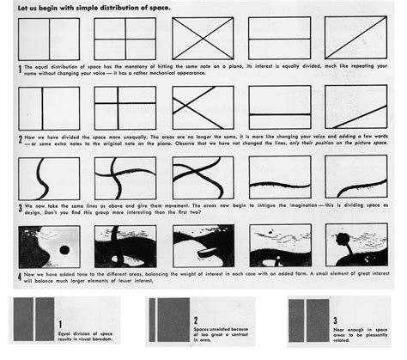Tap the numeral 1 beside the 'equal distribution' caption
(x=20, y=68)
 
